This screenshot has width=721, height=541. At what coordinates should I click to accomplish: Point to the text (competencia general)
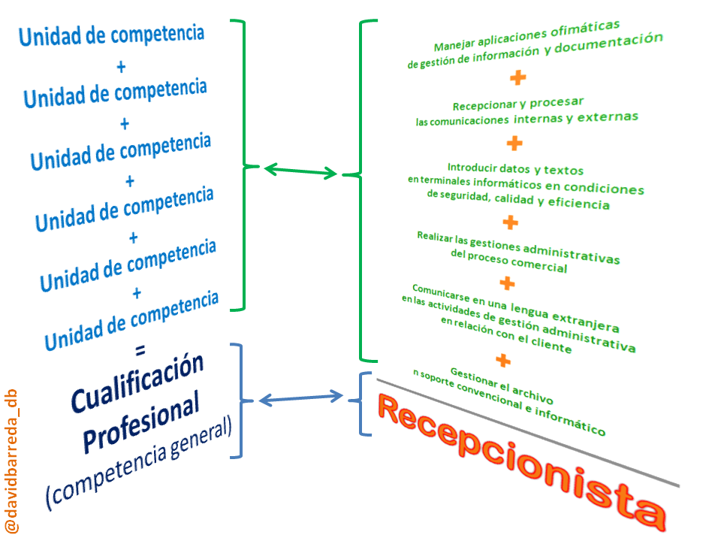pyautogui.click(x=139, y=465)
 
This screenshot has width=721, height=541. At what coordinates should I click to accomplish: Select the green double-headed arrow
pyautogui.click(x=301, y=171)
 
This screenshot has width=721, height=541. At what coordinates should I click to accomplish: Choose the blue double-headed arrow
pyautogui.click(x=300, y=397)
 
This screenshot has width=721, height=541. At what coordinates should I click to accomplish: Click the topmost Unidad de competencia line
pyautogui.click(x=111, y=35)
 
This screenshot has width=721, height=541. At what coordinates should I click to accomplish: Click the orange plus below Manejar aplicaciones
pyautogui.click(x=517, y=77)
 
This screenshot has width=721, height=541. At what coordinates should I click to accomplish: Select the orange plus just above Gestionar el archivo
pyautogui.click(x=503, y=361)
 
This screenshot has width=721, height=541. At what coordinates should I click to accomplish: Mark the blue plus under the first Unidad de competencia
pyautogui.click(x=122, y=67)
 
